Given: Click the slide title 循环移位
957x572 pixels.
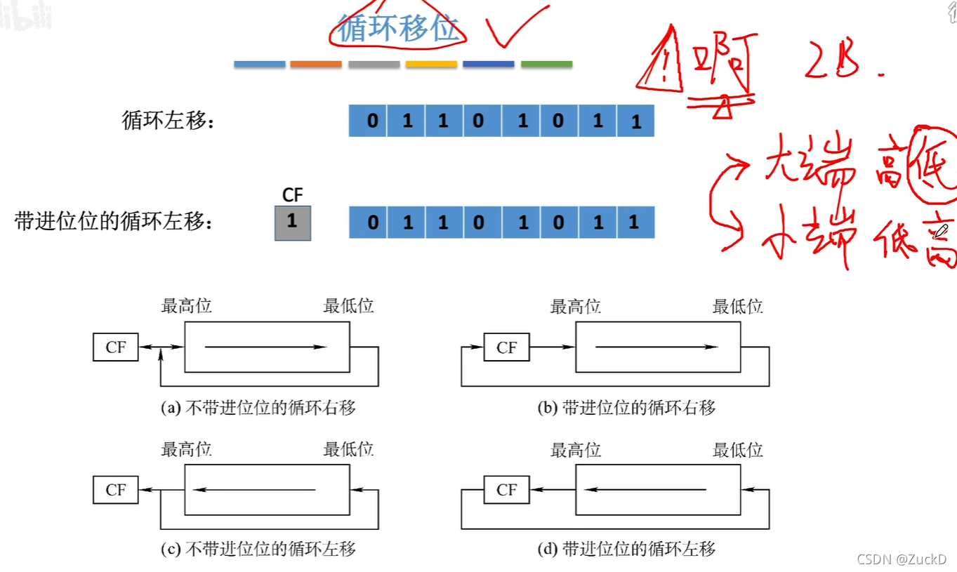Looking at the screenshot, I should (x=398, y=29).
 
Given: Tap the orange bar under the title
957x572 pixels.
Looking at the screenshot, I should (x=315, y=64).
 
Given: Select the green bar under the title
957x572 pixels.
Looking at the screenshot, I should (x=546, y=64).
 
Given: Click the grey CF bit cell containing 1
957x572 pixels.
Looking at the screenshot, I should (x=292, y=222).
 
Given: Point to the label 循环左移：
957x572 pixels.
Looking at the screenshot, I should (x=168, y=121).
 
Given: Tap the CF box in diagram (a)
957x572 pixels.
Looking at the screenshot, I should (x=116, y=347).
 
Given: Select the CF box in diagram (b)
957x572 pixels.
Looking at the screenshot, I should (x=506, y=347).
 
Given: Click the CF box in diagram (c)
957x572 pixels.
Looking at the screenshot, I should (x=116, y=490).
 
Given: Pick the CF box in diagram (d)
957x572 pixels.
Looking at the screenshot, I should (x=506, y=490).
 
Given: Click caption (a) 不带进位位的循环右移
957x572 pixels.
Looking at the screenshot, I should (x=258, y=408).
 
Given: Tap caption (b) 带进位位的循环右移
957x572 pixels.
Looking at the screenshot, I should (x=627, y=408).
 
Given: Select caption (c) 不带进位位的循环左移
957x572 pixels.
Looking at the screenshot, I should (x=258, y=549).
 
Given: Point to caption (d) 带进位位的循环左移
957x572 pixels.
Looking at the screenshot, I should (x=627, y=549).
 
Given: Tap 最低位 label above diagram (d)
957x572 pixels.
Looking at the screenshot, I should (x=738, y=450).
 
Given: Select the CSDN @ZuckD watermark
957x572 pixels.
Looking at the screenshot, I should (x=902, y=559).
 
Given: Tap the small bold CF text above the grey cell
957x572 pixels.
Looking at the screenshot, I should (x=292, y=195).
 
